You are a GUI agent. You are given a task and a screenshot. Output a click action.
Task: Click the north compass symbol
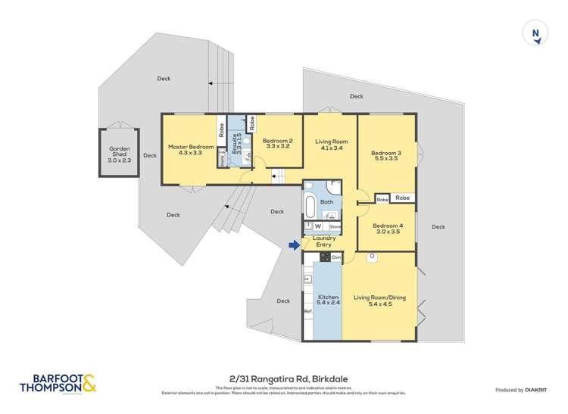tap(535, 34)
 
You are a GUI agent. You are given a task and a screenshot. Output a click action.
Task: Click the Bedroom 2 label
tap(278, 144)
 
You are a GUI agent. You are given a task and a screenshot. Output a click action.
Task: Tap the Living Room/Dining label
tap(379, 301)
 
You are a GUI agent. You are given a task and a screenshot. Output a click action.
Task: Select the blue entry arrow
tap(294, 244)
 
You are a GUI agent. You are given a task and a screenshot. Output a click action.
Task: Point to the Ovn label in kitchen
tap(335, 258)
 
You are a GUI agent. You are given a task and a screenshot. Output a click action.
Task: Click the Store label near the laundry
tap(335, 226)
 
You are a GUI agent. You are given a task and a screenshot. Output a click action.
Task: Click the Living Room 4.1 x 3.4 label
tap(331, 144)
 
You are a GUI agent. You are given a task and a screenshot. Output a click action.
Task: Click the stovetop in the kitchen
tap(323, 257)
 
